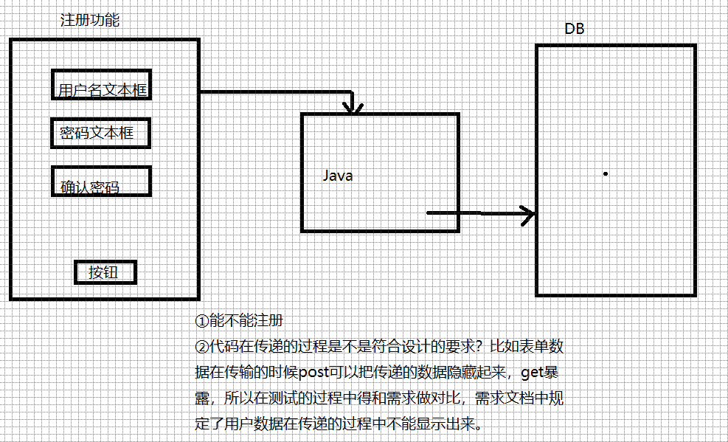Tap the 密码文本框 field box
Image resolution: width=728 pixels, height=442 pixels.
click(102, 133)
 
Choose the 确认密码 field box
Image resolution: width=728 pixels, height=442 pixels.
click(102, 182)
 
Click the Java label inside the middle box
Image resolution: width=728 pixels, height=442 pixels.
click(338, 176)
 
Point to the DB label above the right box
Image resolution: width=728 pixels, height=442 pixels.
click(575, 30)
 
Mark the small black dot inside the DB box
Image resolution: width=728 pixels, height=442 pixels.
click(605, 173)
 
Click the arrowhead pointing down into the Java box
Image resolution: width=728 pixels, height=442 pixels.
click(355, 109)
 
